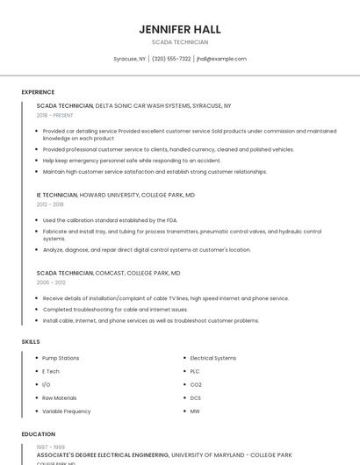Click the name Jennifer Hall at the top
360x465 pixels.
pos(179,29)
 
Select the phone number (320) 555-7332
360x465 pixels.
pos(171,59)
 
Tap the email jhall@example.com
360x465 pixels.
pos(221,59)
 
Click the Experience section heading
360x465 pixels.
pos(38,92)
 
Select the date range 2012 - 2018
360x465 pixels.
pos(50,204)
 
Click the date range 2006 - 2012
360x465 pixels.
pos(50,283)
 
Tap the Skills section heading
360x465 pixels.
pos(31,341)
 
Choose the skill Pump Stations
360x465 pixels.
pos(61,358)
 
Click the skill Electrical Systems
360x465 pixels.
pos(213,358)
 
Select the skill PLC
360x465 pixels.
pos(195,371)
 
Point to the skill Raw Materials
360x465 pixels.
pos(60,397)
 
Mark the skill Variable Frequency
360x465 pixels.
pos(66,411)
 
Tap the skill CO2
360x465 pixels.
pos(196,384)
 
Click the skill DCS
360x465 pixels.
pos(196,397)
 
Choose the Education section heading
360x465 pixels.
pos(38,434)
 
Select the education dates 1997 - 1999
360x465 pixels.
pos(50,447)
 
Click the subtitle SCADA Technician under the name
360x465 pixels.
pos(179,42)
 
